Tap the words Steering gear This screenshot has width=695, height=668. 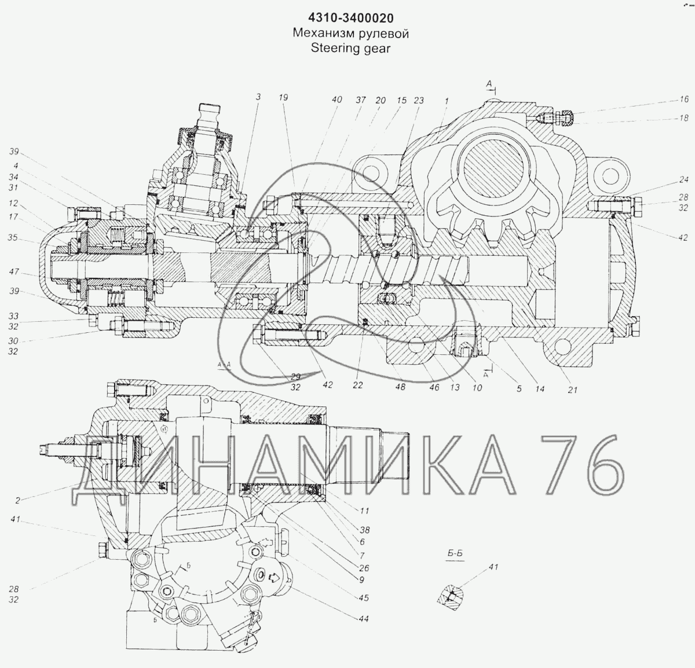[x=351, y=48]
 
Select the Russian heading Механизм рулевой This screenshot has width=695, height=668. [x=351, y=33]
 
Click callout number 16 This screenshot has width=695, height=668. [x=683, y=99]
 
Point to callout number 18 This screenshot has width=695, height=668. [x=683, y=118]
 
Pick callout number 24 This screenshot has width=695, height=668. [x=683, y=180]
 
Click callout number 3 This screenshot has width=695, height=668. [x=258, y=97]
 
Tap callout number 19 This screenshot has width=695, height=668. [x=284, y=97]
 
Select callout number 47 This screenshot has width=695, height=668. [x=14, y=272]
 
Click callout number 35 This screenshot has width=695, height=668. [x=13, y=237]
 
